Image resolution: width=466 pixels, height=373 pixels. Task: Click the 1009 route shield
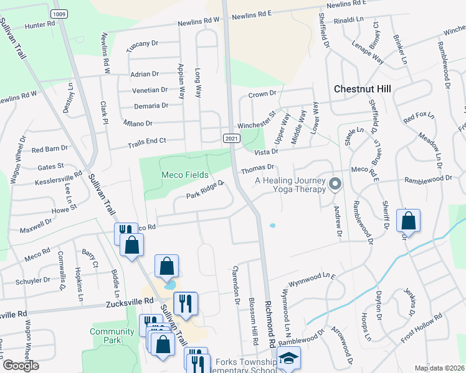[x=59, y=14]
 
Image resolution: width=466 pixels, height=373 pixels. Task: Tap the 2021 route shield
[x=231, y=137]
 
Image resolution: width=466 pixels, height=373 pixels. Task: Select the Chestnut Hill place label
[x=362, y=89]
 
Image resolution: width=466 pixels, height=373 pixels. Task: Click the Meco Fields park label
[x=185, y=175]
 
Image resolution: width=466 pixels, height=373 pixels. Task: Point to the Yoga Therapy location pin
[x=335, y=184]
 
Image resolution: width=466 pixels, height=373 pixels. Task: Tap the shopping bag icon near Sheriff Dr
[x=408, y=221]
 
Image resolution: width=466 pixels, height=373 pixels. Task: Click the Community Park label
[x=112, y=336]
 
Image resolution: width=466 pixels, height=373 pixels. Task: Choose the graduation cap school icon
[x=289, y=359]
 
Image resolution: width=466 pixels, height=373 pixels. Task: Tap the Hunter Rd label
[x=40, y=25]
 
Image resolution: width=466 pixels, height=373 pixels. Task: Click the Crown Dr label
[x=262, y=93]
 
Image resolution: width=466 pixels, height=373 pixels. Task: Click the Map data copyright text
[x=440, y=368]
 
